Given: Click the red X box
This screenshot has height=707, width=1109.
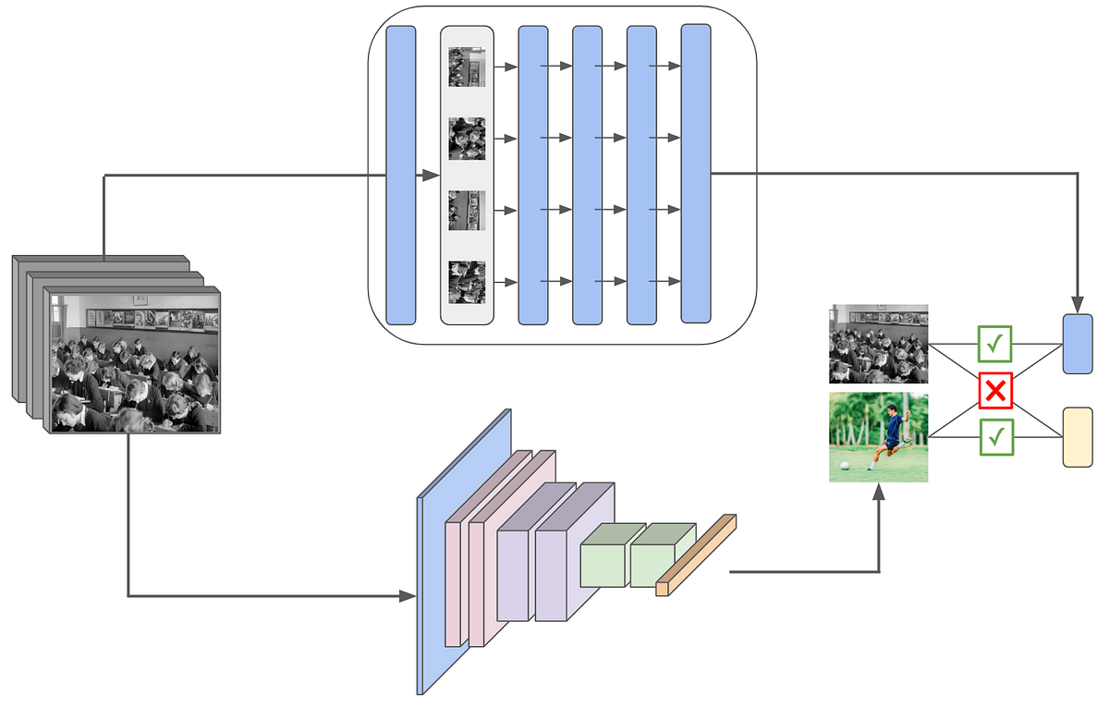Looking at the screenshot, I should pyautogui.click(x=995, y=391).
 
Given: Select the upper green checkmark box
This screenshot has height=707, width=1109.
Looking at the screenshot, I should pyautogui.click(x=995, y=344).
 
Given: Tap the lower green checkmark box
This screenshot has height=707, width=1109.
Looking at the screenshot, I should pyautogui.click(x=995, y=437).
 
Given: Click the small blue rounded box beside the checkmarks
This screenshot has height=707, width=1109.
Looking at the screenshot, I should pyautogui.click(x=1078, y=344).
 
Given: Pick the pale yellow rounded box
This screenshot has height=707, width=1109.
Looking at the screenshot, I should pyautogui.click(x=1078, y=437).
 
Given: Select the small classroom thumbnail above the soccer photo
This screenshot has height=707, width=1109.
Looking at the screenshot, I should pyautogui.click(x=878, y=344).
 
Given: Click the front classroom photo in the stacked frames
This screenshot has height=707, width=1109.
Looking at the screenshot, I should pyautogui.click(x=135, y=362).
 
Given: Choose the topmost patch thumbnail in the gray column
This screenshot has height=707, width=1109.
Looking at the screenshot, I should pyautogui.click(x=467, y=67).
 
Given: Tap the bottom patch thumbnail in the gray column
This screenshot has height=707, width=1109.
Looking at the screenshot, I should pyautogui.click(x=467, y=282).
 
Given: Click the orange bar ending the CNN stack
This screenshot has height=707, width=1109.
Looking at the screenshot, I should pyautogui.click(x=696, y=555).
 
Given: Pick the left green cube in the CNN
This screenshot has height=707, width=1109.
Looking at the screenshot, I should pyautogui.click(x=605, y=559).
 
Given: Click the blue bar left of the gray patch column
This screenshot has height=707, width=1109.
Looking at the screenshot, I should pyautogui.click(x=401, y=175).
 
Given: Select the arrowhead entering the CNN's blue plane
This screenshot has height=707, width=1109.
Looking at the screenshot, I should pyautogui.click(x=408, y=596).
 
